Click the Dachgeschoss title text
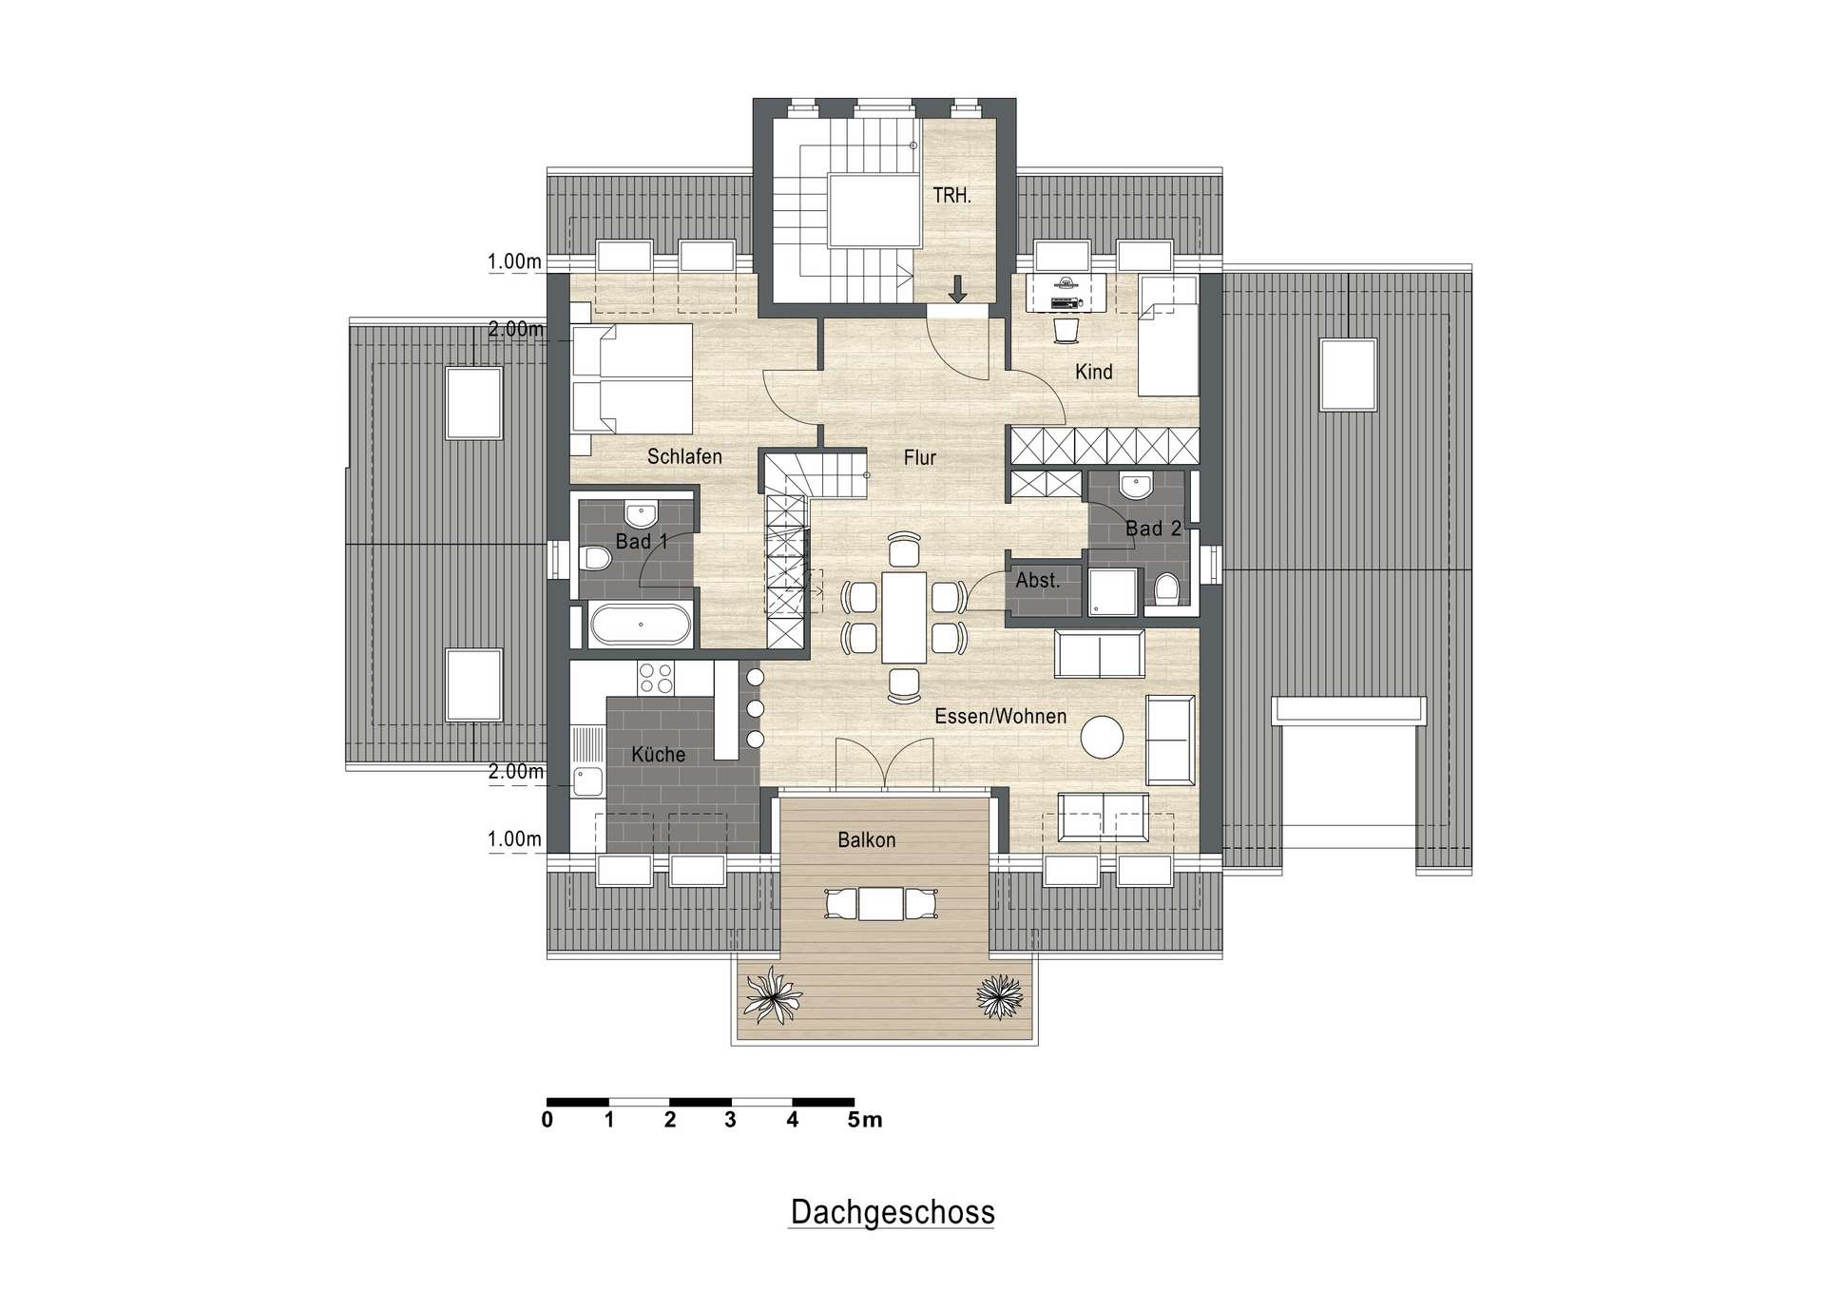click(x=892, y=1212)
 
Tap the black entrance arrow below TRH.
click(x=957, y=288)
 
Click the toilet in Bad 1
click(x=596, y=558)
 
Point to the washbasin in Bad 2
click(x=1135, y=487)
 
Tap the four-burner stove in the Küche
click(x=656, y=678)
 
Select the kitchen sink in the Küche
click(x=586, y=782)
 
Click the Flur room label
click(x=919, y=458)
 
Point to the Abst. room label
click(x=1037, y=580)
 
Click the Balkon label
click(x=866, y=840)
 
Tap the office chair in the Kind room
click(x=1066, y=330)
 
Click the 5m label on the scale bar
click(x=865, y=1120)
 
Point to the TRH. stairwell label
click(x=951, y=196)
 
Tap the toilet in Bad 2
click(x=1166, y=588)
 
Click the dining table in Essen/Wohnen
click(x=903, y=617)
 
